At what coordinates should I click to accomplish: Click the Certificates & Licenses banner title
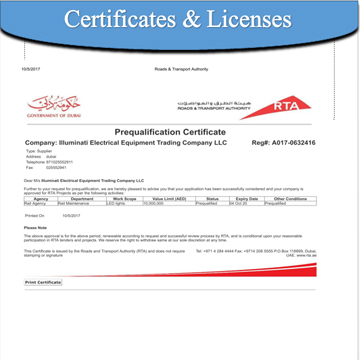(x=180, y=20)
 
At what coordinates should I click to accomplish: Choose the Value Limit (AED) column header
(x=166, y=198)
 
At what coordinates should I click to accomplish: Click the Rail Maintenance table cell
(x=78, y=203)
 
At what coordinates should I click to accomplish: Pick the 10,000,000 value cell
(x=157, y=203)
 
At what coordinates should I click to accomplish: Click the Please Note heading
(x=36, y=227)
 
